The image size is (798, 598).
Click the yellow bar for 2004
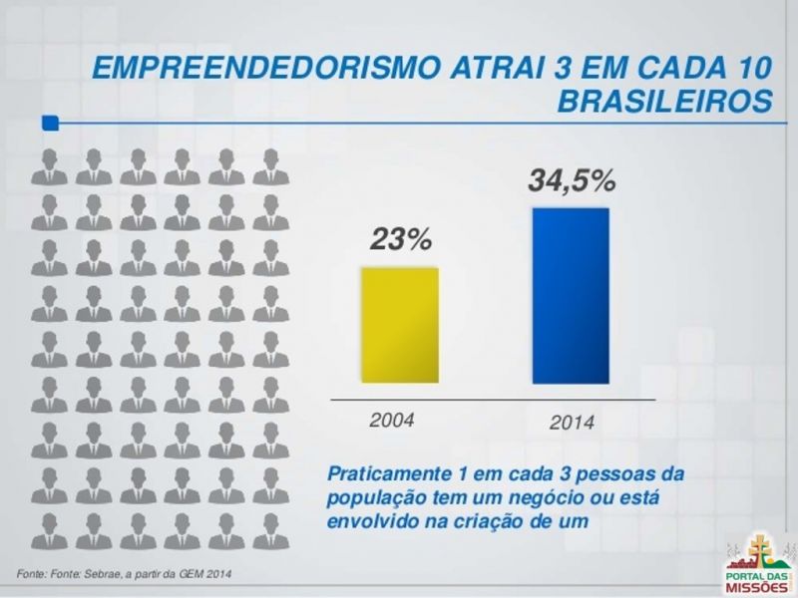(x=399, y=325)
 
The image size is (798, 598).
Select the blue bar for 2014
(x=570, y=296)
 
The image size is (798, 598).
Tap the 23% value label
(x=400, y=240)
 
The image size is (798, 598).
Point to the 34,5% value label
(x=571, y=181)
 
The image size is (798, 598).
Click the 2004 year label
(x=391, y=419)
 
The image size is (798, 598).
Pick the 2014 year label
(x=572, y=423)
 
